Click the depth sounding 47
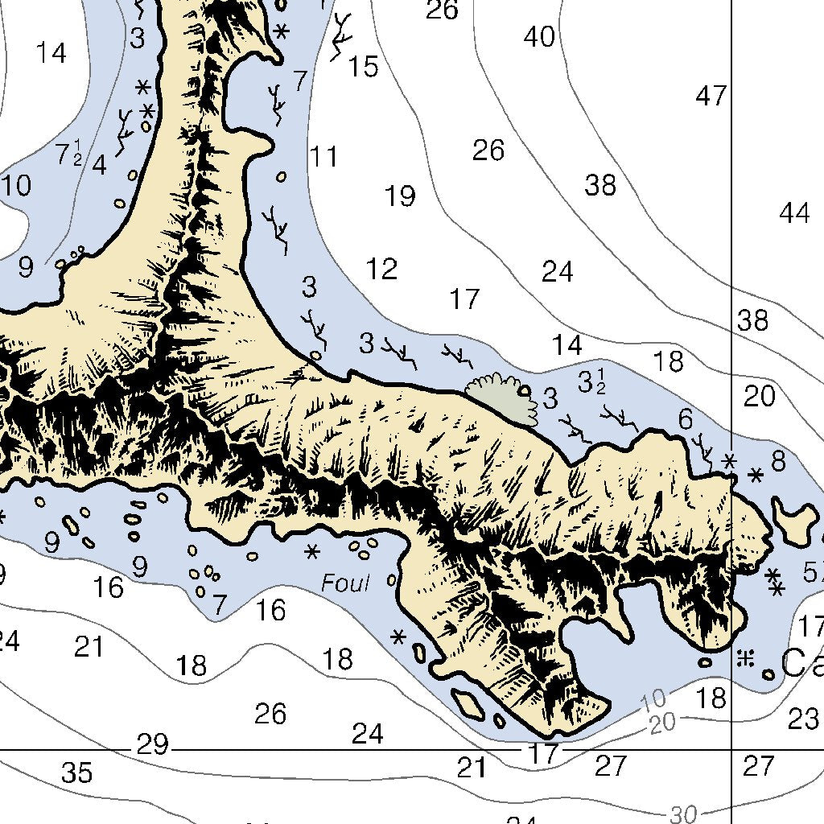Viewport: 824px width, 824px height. click(711, 97)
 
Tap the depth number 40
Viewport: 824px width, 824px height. click(539, 37)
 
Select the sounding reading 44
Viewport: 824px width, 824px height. click(794, 213)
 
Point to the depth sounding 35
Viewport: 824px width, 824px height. click(77, 773)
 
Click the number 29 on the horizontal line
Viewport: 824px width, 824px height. click(152, 745)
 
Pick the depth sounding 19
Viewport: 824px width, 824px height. click(400, 196)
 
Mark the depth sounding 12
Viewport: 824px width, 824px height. click(381, 269)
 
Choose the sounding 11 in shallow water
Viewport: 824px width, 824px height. click(324, 157)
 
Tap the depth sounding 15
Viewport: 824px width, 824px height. click(363, 67)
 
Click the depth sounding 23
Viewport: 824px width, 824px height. click(802, 719)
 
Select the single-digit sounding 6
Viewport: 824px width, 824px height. click(686, 419)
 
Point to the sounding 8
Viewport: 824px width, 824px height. click(778, 461)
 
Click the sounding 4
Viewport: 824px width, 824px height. click(99, 165)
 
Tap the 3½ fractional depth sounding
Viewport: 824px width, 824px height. click(591, 383)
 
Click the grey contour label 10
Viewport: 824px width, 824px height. click(655, 698)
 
